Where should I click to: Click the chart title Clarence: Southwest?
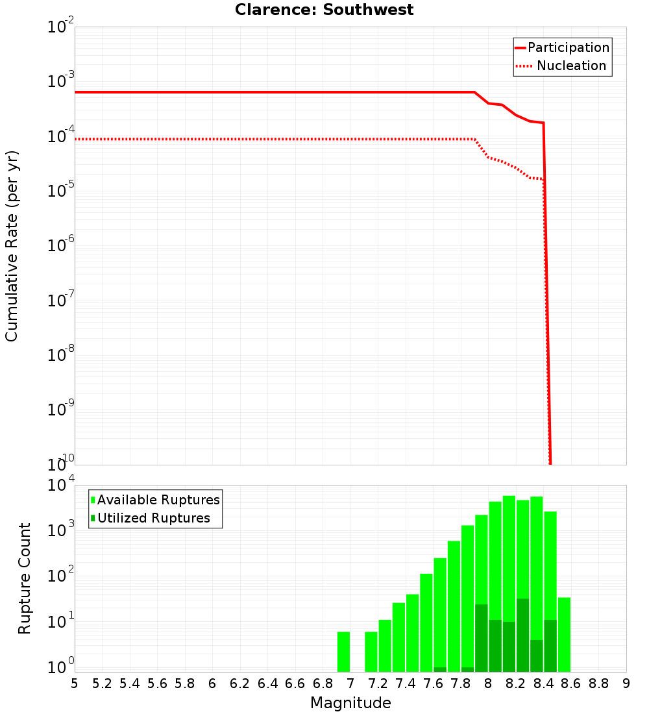click(x=324, y=10)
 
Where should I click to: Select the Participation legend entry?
click(x=568, y=48)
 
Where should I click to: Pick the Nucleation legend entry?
click(x=571, y=66)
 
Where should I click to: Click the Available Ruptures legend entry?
click(x=158, y=500)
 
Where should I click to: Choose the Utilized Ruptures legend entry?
click(x=153, y=518)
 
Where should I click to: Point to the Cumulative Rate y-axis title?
click(x=12, y=246)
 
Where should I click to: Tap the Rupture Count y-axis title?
click(x=25, y=578)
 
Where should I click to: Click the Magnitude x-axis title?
click(x=350, y=703)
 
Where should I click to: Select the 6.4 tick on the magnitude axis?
click(x=267, y=683)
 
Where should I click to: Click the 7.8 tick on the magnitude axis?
click(x=460, y=683)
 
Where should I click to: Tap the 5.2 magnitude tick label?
click(x=102, y=683)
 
